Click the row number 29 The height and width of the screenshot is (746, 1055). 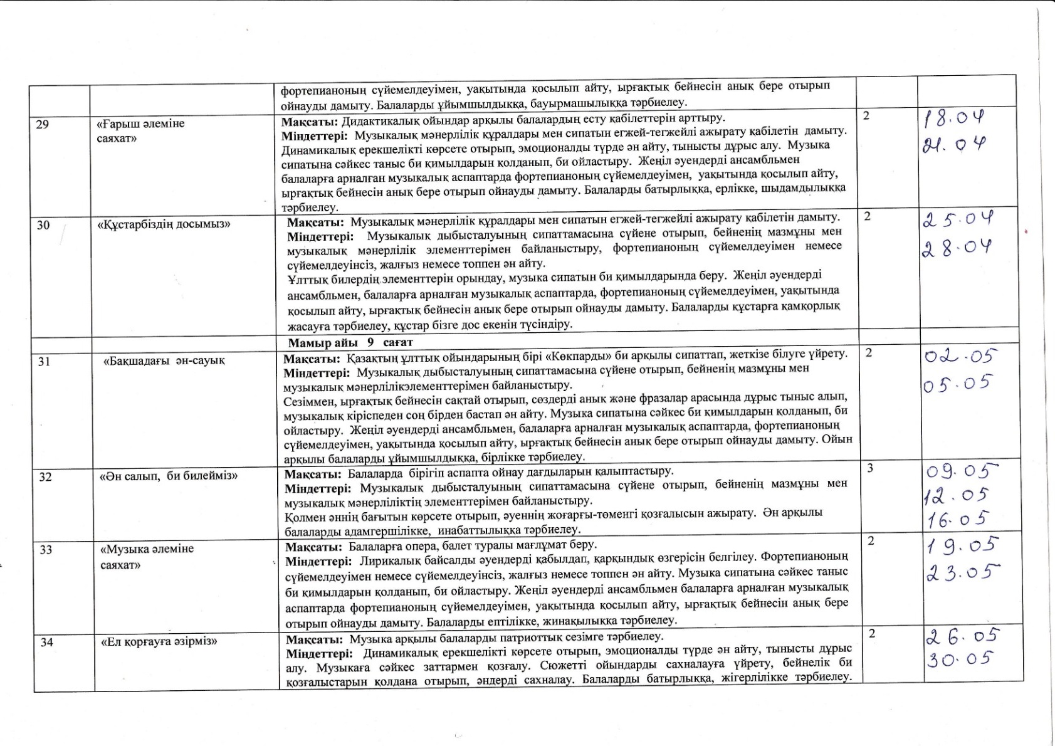coord(43,124)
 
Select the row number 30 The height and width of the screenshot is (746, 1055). coord(43,224)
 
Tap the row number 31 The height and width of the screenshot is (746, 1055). coord(44,361)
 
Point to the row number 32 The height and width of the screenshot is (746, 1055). coord(45,476)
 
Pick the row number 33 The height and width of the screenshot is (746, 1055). coord(46,550)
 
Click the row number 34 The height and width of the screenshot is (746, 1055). coord(47,642)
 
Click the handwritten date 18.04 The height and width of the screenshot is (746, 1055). coord(954,118)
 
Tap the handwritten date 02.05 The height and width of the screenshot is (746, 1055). coord(960,356)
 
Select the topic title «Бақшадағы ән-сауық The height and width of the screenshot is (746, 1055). coord(164,361)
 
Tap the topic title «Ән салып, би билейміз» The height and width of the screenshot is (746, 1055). coord(169,476)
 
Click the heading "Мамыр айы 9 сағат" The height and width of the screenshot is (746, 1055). coord(350,343)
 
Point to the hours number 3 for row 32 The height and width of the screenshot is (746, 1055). coord(870,468)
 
